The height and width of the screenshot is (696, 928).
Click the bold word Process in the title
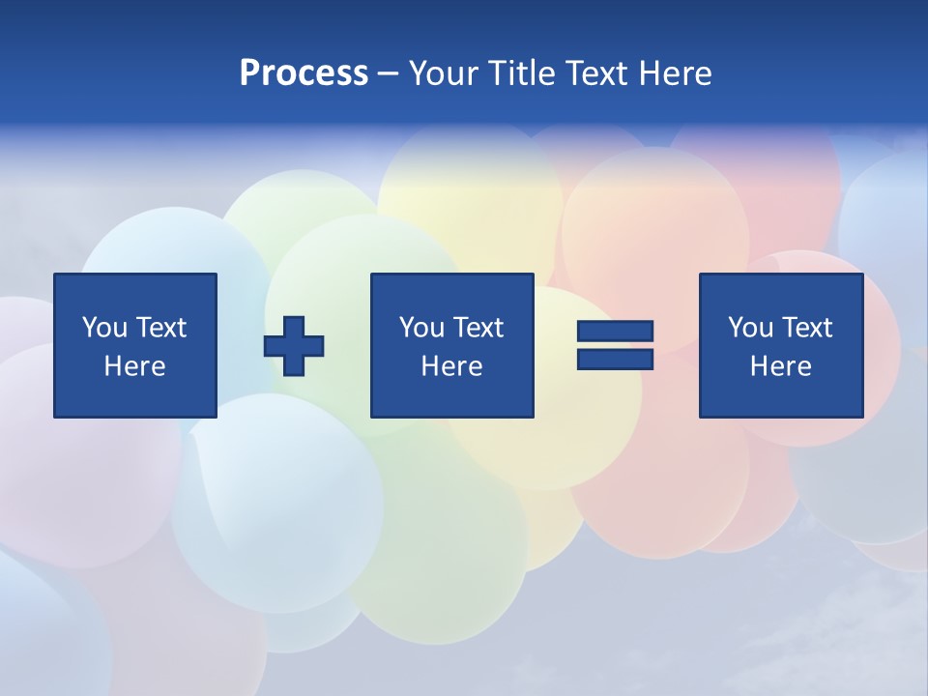tap(304, 73)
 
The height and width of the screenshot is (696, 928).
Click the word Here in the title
tap(676, 73)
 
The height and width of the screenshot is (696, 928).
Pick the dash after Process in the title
tap(389, 74)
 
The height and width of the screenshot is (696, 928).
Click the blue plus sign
tap(294, 346)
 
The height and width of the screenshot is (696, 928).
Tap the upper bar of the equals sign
tap(616, 332)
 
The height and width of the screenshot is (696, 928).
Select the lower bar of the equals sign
tap(616, 360)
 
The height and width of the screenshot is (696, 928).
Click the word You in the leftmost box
tap(104, 328)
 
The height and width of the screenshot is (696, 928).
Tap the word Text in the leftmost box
tap(161, 328)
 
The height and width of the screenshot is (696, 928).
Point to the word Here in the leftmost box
tap(135, 366)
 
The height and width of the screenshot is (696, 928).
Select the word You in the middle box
tap(421, 328)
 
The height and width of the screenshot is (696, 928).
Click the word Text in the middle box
tap(478, 328)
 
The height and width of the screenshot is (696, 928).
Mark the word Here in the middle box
tap(452, 366)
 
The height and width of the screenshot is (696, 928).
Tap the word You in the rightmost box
tap(750, 328)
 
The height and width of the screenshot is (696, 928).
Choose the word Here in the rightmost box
tap(781, 366)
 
